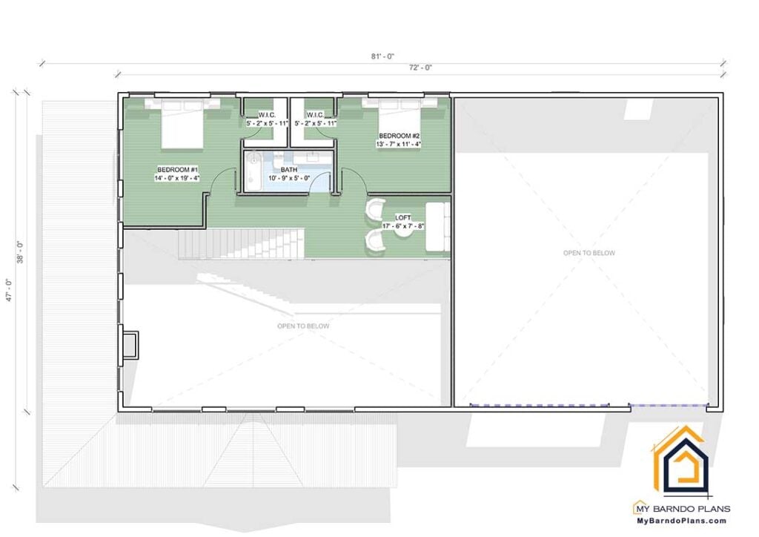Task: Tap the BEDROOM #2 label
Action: (400, 136)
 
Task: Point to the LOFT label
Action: (403, 218)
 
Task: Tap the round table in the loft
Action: (404, 233)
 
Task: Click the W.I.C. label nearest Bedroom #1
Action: (267, 115)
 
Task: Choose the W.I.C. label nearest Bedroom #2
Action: (314, 115)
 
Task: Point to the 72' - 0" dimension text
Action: (420, 67)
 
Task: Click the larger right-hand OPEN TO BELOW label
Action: (589, 253)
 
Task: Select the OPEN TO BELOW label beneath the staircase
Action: (303, 326)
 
